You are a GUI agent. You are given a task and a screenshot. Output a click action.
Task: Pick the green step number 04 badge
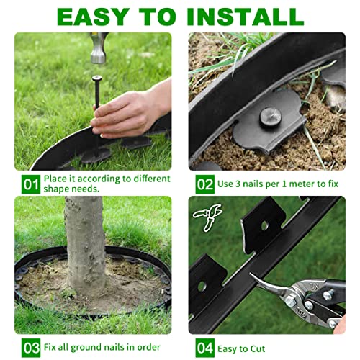click(204, 347)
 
